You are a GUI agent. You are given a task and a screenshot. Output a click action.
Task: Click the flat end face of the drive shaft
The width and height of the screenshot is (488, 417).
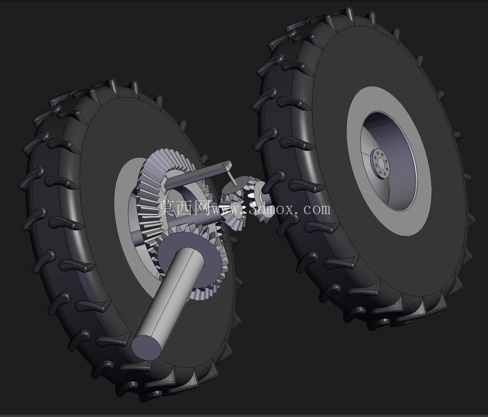pos(147,347)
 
